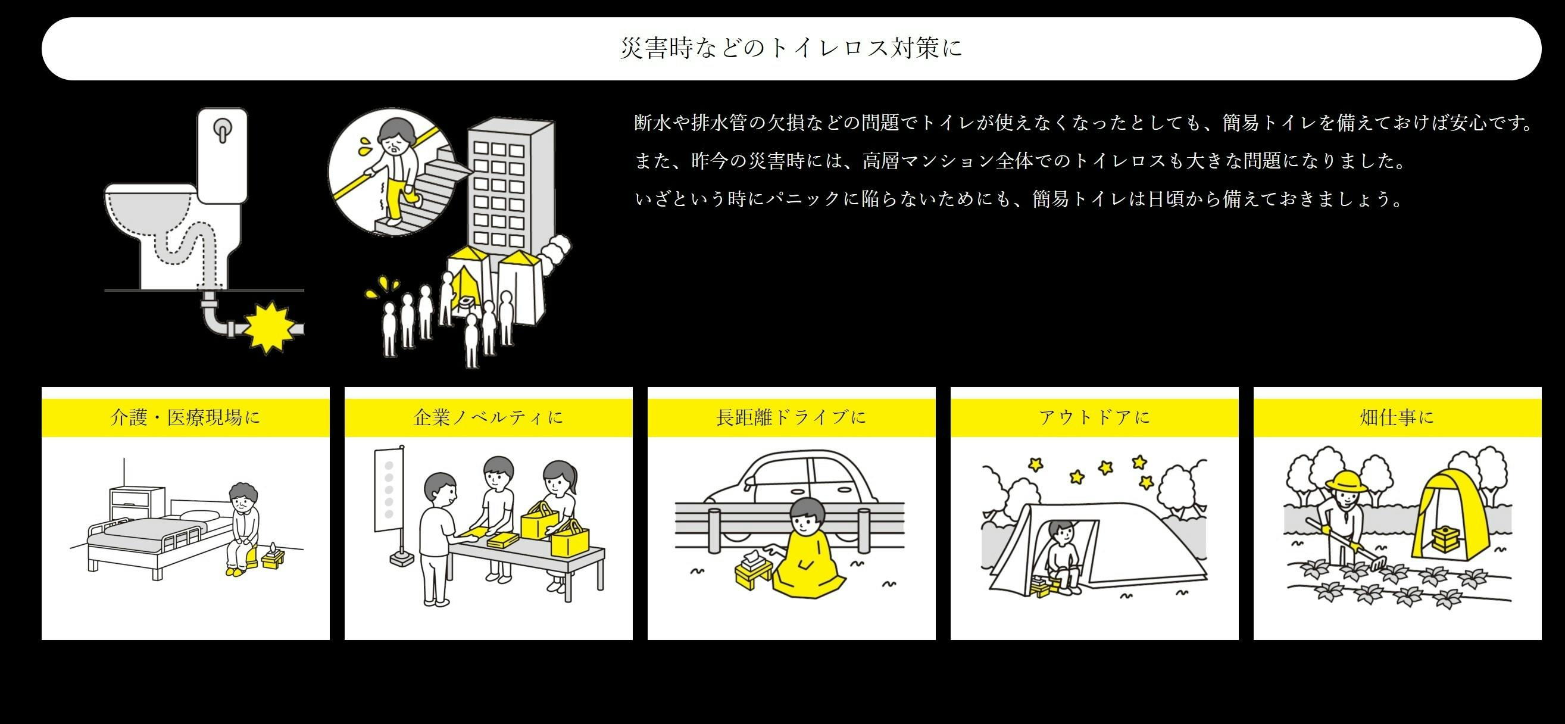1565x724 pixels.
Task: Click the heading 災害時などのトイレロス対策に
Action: coord(791,48)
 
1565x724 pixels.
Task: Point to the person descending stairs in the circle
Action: coord(395,170)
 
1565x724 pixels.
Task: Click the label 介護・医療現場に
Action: coord(185,417)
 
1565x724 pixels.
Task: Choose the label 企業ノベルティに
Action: coord(489,417)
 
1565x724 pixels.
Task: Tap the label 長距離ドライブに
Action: coord(791,417)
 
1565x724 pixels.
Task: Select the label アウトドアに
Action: coord(1094,417)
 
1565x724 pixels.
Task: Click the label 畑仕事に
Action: coord(1397,417)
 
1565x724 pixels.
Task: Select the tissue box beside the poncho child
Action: coord(754,569)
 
